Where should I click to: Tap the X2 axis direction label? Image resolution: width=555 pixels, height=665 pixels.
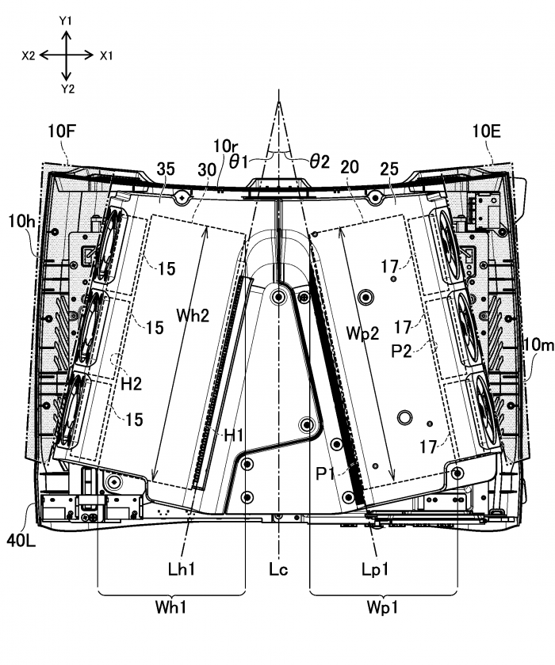(29, 55)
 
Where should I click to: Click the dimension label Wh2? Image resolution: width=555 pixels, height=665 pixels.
(193, 315)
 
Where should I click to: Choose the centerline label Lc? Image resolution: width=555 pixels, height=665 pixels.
(277, 570)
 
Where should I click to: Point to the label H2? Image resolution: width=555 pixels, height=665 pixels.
(131, 383)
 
